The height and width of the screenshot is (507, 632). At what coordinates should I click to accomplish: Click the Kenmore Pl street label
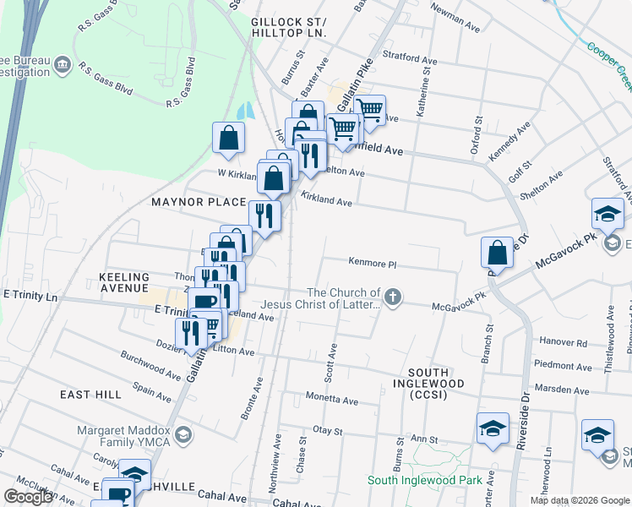[373, 264]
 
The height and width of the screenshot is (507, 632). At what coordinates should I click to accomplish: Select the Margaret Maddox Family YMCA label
[125, 435]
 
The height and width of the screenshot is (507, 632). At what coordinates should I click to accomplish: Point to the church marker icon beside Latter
[392, 297]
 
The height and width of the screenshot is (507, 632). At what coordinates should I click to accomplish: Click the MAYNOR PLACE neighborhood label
[199, 203]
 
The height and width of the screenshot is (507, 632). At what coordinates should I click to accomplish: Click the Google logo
[28, 497]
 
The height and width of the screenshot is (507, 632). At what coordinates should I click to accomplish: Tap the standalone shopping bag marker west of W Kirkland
[229, 139]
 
